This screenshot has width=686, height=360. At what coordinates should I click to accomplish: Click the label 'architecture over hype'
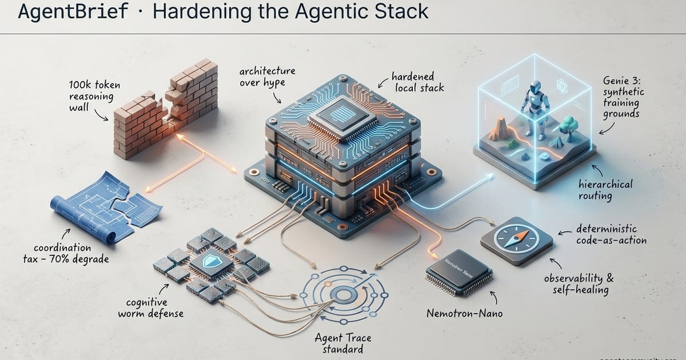268,77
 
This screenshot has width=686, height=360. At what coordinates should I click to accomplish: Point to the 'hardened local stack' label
412,81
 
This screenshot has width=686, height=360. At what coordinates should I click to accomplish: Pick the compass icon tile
517,241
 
